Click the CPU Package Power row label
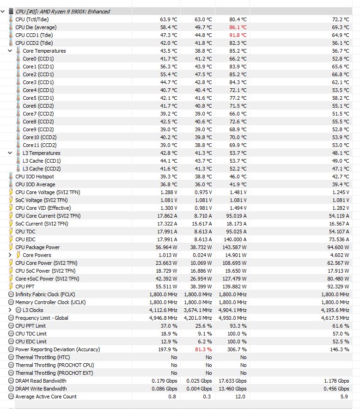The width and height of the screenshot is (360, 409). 37,247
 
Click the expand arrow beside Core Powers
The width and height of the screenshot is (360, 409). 11,255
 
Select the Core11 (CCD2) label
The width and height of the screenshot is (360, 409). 39,145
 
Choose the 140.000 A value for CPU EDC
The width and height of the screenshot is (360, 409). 235,239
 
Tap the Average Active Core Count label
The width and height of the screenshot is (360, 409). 46,397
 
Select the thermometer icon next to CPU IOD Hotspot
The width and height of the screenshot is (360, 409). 11,177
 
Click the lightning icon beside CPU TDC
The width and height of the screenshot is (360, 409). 11,232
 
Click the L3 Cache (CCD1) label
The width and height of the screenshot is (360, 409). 42,161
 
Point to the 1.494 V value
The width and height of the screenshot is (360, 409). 238,208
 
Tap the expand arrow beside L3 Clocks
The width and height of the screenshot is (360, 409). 11,310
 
